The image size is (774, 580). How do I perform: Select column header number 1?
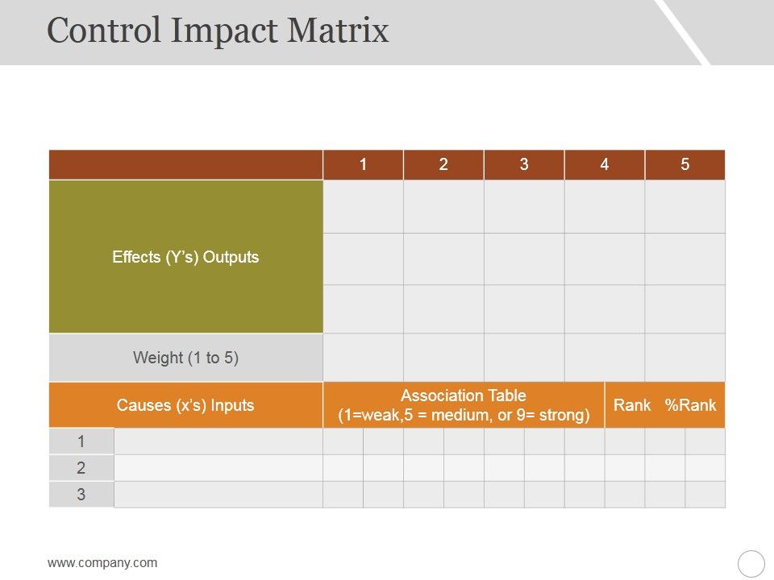tap(364, 165)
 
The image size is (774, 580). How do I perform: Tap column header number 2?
tap(443, 165)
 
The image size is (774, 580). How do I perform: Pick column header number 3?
tap(524, 165)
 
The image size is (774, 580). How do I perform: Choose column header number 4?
tap(605, 165)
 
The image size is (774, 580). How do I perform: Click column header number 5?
tap(685, 165)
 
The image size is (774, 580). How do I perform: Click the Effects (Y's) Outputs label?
tap(185, 257)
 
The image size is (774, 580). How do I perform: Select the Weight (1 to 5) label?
tap(185, 358)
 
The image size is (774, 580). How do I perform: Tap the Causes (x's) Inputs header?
tap(185, 405)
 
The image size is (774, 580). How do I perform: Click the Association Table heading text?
tap(464, 396)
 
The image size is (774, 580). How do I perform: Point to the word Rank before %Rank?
tap(632, 405)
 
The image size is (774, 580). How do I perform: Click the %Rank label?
tap(691, 405)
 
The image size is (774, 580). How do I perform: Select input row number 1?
tap(81, 441)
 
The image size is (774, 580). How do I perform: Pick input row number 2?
tap(81, 468)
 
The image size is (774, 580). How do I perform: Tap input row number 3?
tap(81, 495)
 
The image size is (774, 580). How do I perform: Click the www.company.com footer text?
tap(102, 563)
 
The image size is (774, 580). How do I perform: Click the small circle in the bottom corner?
tap(751, 563)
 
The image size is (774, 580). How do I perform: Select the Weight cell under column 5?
tap(685, 358)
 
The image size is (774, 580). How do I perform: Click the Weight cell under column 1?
tap(364, 358)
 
